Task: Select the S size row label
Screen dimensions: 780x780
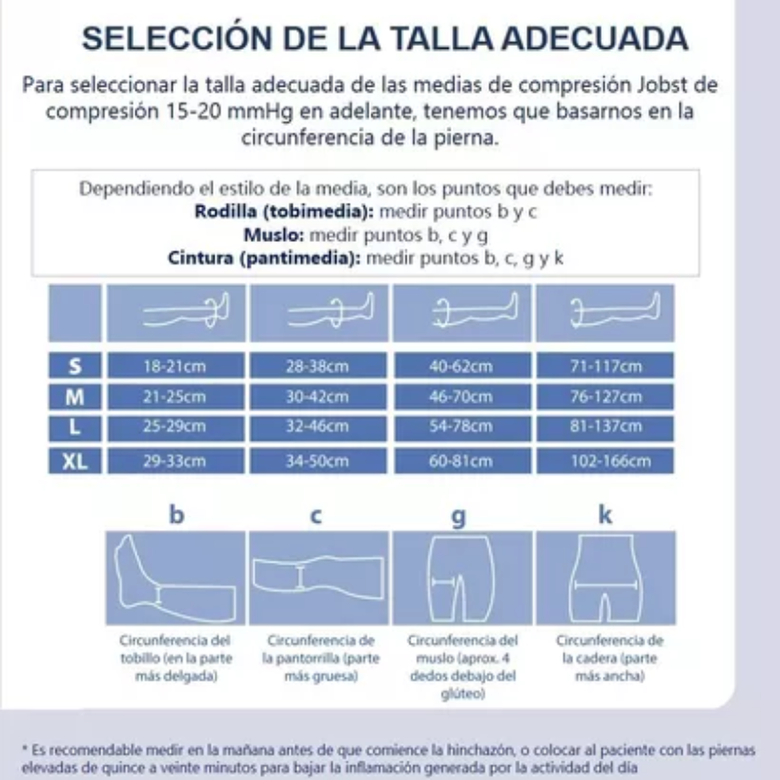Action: click(75, 367)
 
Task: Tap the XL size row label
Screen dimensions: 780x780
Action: click(75, 461)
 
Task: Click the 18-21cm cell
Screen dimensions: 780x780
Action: click(175, 367)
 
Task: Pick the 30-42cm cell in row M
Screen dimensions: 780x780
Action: click(319, 398)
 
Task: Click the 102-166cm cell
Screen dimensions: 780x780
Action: click(605, 461)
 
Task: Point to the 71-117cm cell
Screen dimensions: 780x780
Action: click(605, 367)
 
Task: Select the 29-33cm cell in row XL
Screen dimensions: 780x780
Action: click(175, 461)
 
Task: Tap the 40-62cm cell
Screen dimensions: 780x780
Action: click(462, 367)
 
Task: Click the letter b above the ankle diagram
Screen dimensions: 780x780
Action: click(175, 515)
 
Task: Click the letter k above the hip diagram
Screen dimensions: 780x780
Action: click(605, 515)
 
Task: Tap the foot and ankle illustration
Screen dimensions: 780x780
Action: click(175, 578)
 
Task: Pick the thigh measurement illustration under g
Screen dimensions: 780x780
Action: click(460, 578)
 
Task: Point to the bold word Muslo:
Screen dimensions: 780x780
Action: click(275, 235)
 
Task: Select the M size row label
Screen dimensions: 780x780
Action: click(75, 398)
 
